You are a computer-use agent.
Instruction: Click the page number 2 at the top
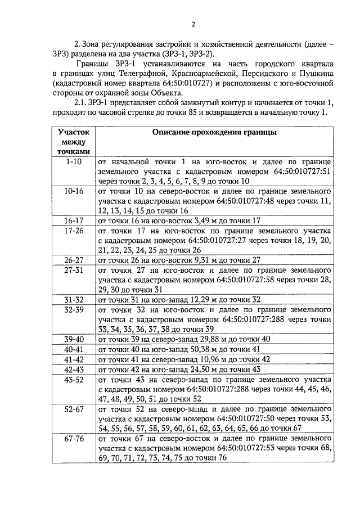(x=192, y=24)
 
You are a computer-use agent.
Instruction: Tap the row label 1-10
(x=74, y=161)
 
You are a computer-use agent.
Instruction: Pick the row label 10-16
(x=74, y=191)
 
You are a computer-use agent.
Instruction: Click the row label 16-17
(x=74, y=220)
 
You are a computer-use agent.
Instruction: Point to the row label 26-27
(x=74, y=260)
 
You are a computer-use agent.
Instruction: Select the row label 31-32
(x=74, y=300)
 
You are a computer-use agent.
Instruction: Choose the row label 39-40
(x=74, y=339)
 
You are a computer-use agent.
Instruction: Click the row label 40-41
(x=74, y=349)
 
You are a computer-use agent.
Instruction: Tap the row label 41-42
(x=74, y=359)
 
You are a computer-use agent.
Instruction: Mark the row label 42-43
(x=74, y=369)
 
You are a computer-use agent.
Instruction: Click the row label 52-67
(x=74, y=409)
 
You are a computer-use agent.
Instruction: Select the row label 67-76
(x=74, y=439)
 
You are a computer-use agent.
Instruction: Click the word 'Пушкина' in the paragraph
(x=317, y=74)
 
